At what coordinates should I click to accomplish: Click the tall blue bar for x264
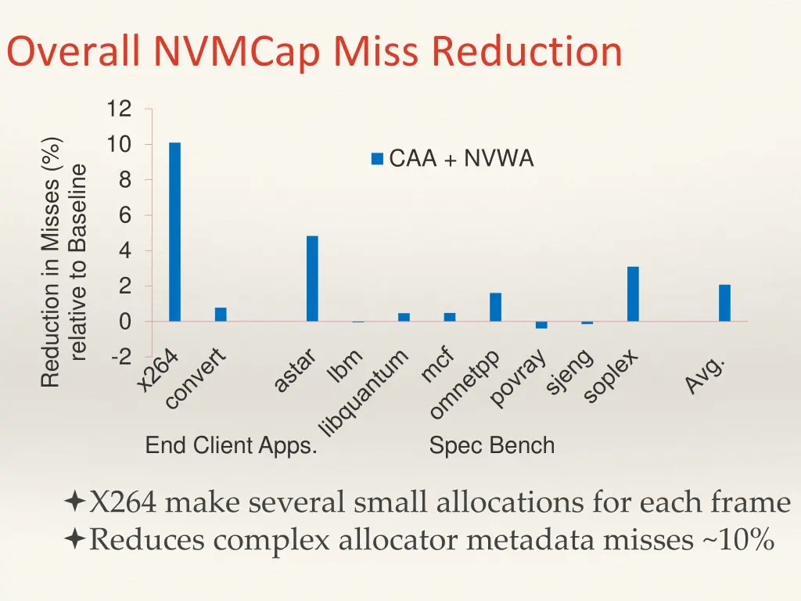[x=174, y=232]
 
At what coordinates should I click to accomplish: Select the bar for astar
[x=312, y=278]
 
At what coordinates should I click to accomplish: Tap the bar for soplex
[x=633, y=293]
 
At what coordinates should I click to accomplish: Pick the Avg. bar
[x=724, y=303]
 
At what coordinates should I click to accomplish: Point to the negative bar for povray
[x=541, y=325]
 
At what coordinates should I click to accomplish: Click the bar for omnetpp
[x=495, y=307]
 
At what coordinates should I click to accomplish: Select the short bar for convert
[x=221, y=315]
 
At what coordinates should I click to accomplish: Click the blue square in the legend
[x=377, y=159]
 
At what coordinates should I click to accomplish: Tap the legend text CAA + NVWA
[x=461, y=159]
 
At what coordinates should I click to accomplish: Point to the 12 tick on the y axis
[x=120, y=110]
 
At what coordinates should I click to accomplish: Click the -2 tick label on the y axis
[x=121, y=357]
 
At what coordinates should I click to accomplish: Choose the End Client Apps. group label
[x=231, y=446]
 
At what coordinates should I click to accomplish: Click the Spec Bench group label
[x=491, y=446]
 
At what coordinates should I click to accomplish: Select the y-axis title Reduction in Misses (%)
[x=51, y=261]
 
